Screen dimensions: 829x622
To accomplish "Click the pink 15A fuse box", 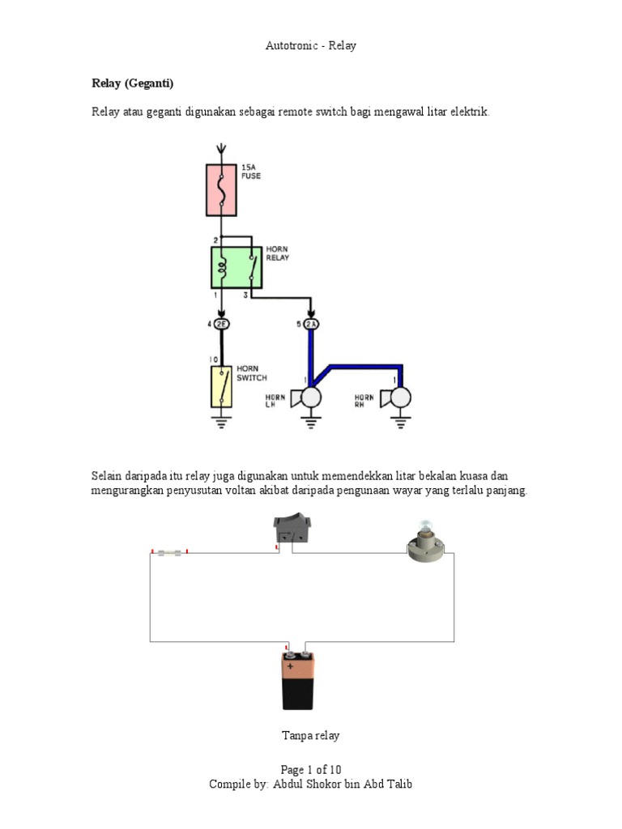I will coord(221,190).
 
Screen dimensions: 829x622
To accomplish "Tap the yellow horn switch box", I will coord(221,386).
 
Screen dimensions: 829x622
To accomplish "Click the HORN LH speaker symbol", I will coord(308,397).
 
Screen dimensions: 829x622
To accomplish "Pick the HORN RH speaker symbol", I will coord(398,397).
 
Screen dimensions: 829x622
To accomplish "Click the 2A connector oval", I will coord(311,325).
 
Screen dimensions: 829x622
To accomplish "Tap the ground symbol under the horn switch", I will coord(221,420).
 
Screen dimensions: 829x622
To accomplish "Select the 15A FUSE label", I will coord(251,172).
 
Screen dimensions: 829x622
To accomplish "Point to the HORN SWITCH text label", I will coord(251,373).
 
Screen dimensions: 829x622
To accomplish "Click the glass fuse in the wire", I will coord(169,552).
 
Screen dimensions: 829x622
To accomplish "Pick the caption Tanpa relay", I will coord(310,736).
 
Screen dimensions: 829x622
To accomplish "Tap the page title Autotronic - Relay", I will coord(310,46).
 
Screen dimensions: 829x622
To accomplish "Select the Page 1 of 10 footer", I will coord(310,770).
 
